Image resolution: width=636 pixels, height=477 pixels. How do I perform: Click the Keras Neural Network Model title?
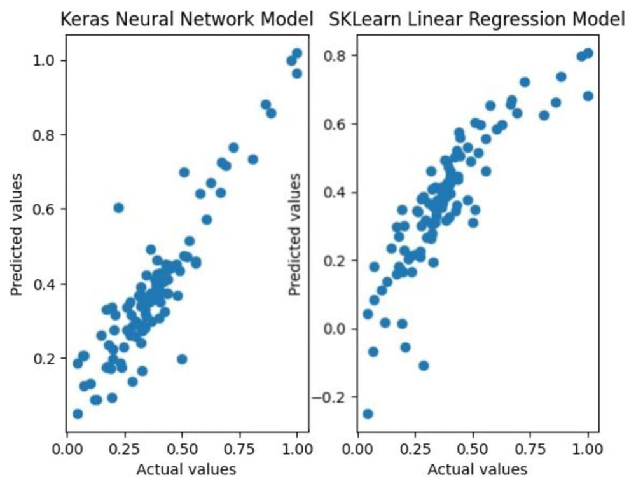186,19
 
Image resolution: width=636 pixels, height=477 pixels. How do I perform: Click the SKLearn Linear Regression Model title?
477,19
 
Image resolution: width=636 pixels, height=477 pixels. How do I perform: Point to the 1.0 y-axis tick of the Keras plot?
44,60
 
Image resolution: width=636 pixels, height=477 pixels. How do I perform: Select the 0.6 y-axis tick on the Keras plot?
44,209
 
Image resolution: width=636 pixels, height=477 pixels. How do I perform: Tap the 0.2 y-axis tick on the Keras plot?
44,358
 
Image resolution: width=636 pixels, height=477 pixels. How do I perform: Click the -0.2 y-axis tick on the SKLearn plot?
328,397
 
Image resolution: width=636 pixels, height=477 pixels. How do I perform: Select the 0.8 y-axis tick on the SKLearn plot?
335,55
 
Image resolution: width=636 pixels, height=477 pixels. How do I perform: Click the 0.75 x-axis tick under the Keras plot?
239,450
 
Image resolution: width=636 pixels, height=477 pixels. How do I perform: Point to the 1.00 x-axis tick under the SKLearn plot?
588,450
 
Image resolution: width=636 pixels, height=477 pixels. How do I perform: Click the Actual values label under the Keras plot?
186,469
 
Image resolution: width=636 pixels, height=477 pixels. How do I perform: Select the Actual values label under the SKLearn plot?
478,469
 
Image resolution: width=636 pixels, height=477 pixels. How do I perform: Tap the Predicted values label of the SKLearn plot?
295,235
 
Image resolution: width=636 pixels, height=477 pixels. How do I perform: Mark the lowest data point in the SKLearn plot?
368,414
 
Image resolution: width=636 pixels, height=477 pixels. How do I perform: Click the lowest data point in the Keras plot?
78,414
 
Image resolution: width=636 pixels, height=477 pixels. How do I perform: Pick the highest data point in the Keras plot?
297,53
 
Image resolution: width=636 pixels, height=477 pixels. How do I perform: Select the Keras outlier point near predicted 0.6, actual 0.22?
118,208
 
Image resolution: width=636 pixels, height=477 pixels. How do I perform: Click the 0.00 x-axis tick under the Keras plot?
67,450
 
